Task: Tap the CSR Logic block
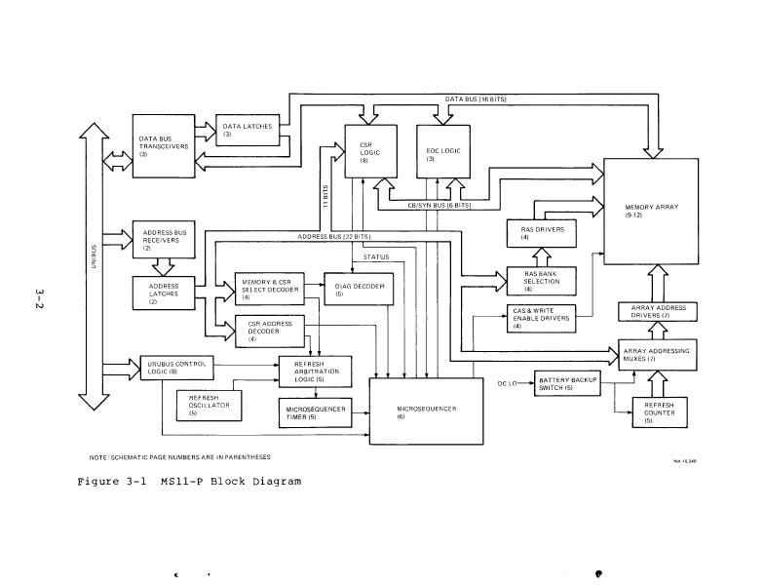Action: (371, 152)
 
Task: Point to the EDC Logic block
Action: (443, 152)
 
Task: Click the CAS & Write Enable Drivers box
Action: (532, 318)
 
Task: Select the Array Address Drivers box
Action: (658, 311)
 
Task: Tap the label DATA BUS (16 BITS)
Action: (476, 99)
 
